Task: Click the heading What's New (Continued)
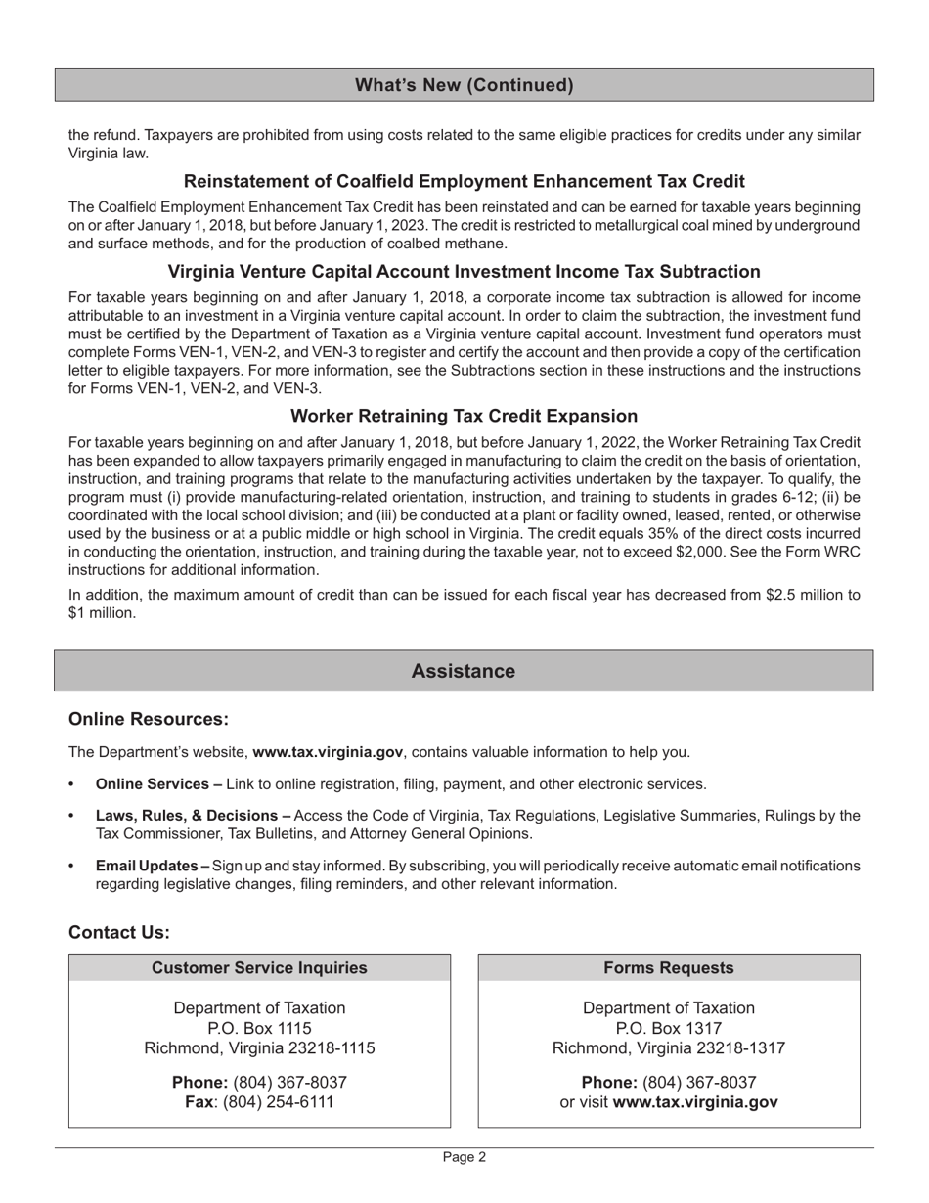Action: pyautogui.click(x=464, y=85)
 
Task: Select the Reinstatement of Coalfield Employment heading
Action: pyautogui.click(x=464, y=181)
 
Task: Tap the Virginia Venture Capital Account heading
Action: pyautogui.click(x=464, y=271)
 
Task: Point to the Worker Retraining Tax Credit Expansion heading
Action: pyautogui.click(x=464, y=416)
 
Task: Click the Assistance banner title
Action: pyautogui.click(x=464, y=671)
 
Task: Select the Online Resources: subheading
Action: pyautogui.click(x=149, y=719)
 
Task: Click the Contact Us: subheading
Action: pyautogui.click(x=119, y=932)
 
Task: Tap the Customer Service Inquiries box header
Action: pyautogui.click(x=259, y=967)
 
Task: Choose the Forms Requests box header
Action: pyautogui.click(x=669, y=967)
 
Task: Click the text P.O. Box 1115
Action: pyautogui.click(x=259, y=1028)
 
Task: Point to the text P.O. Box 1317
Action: pyautogui.click(x=669, y=1028)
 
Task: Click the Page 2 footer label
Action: pyautogui.click(x=464, y=1157)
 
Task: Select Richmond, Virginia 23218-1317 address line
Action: pyautogui.click(x=669, y=1048)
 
